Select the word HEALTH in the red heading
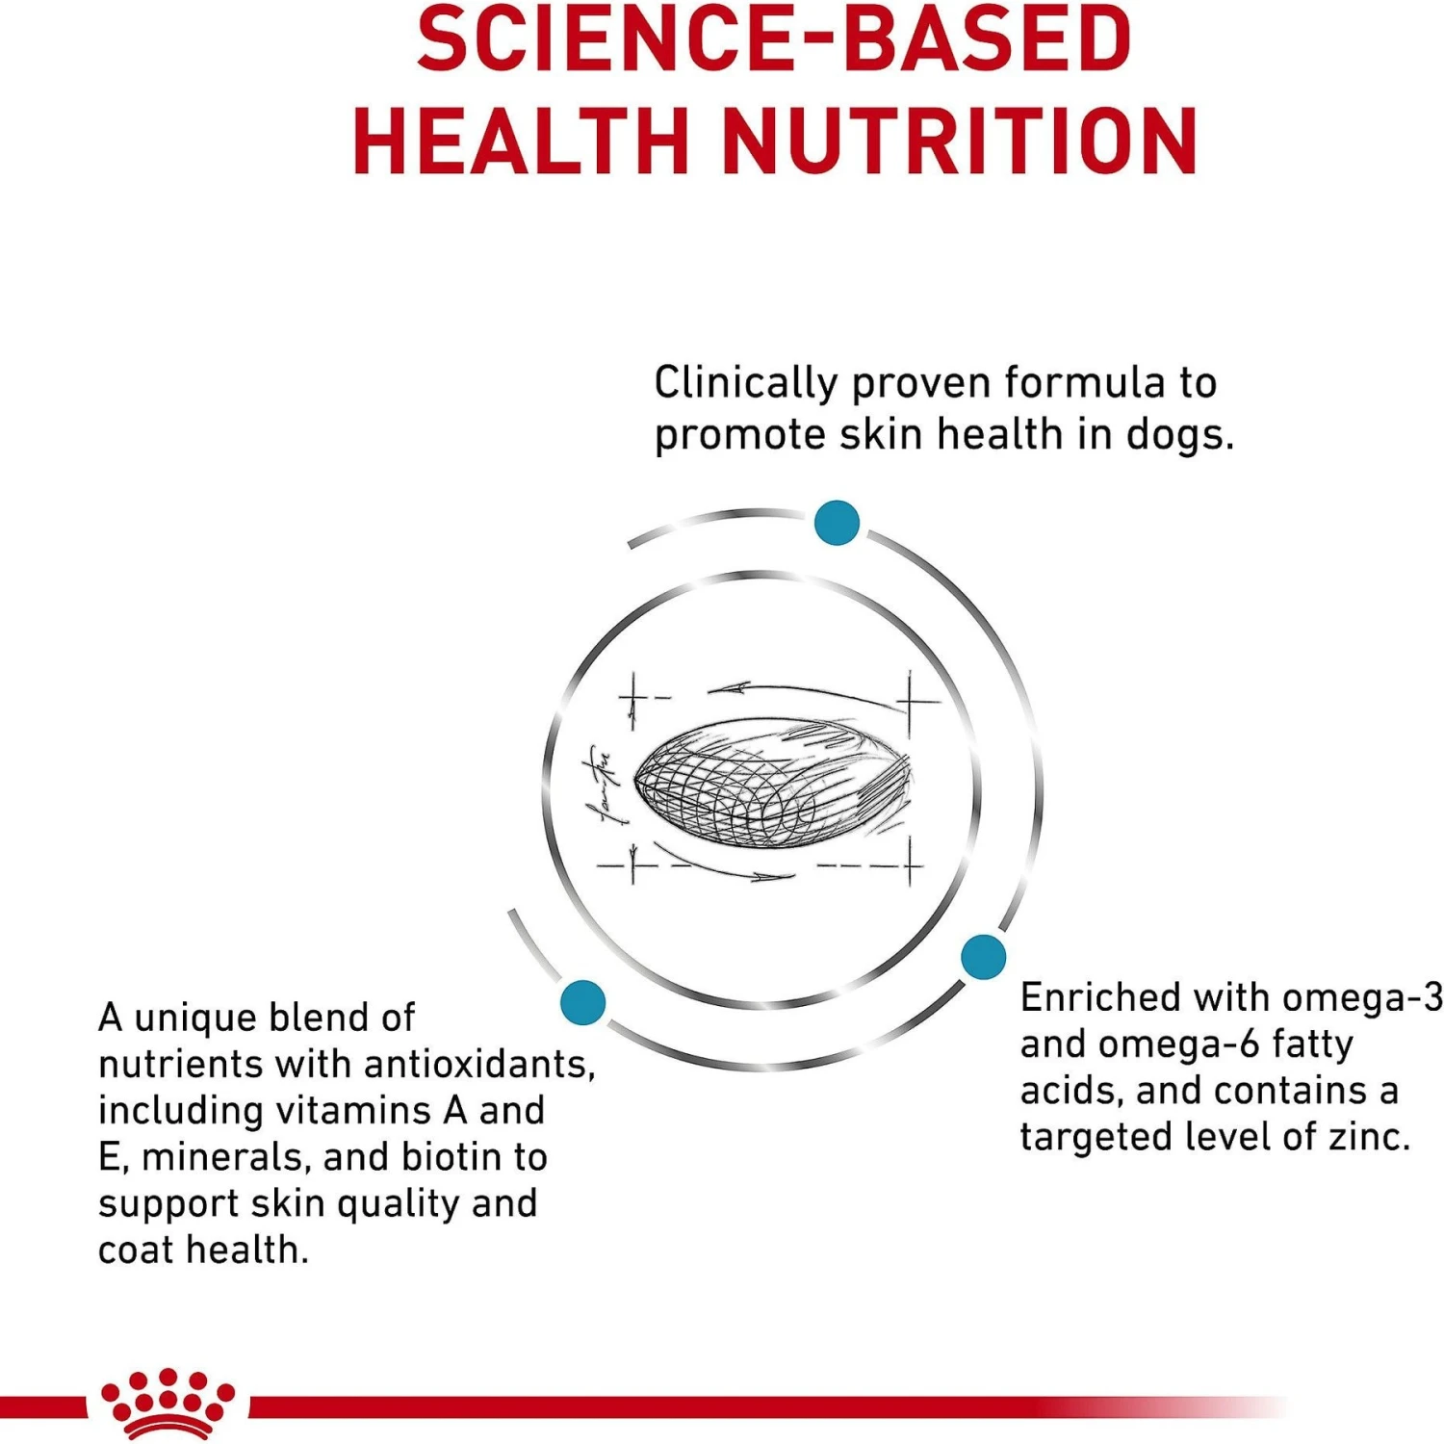pyautogui.click(x=520, y=142)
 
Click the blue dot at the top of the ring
pyautogui.click(x=837, y=523)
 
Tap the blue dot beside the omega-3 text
pyautogui.click(x=983, y=956)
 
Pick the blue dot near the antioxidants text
pyautogui.click(x=582, y=1001)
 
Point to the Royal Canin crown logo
pyautogui.click(x=168, y=1403)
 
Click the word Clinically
pyautogui.click(x=746, y=383)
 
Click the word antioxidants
pyautogui.click(x=479, y=1065)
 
